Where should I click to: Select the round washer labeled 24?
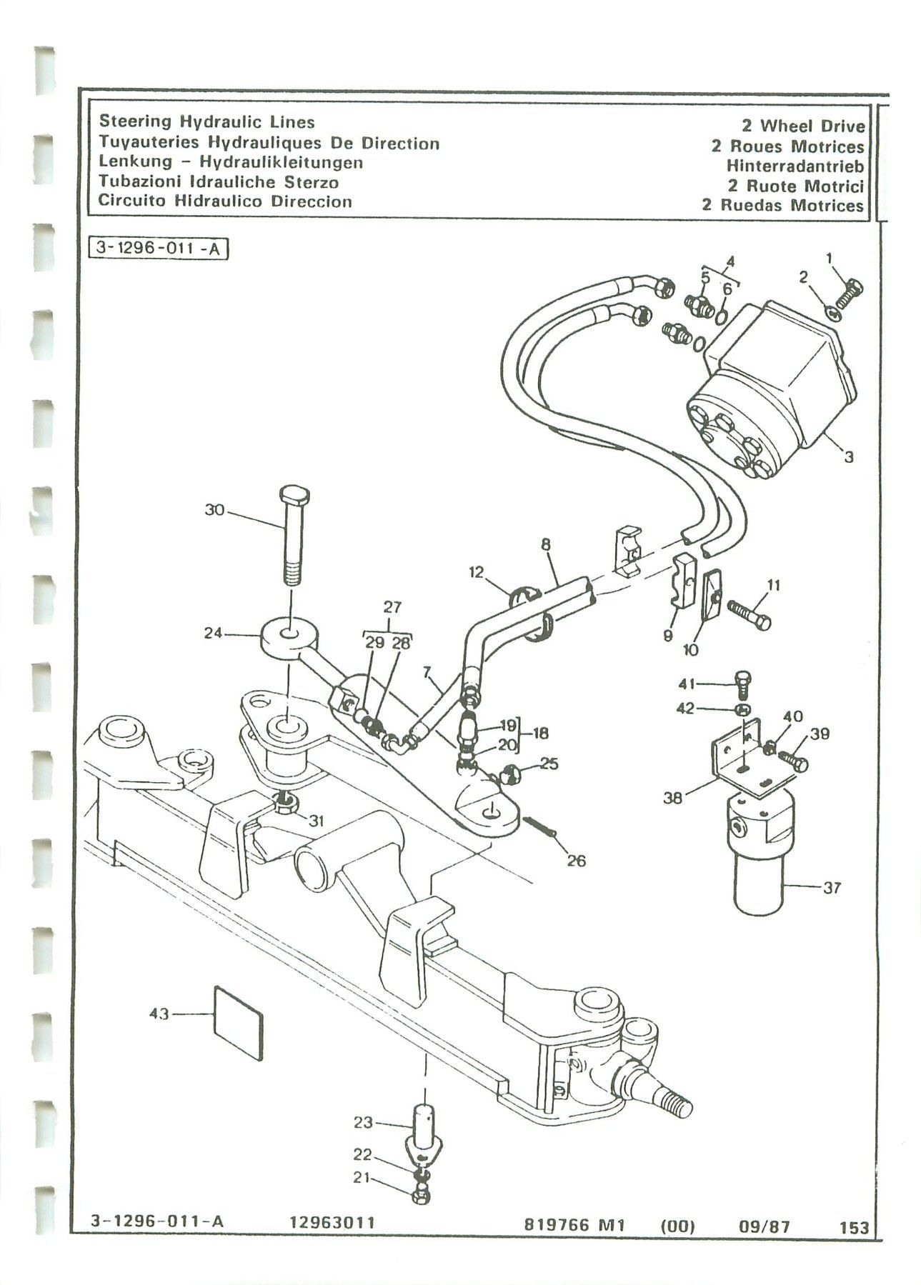click(289, 635)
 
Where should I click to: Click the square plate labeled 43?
click(239, 1021)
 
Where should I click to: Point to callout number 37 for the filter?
click(832, 888)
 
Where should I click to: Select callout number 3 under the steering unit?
click(849, 457)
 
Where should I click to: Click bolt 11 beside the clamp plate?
click(750, 613)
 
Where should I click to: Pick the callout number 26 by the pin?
click(576, 861)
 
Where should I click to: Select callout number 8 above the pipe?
click(546, 544)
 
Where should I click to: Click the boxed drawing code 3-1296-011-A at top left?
click(160, 251)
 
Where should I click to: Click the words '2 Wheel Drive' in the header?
click(803, 126)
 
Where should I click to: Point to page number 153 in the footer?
click(855, 1247)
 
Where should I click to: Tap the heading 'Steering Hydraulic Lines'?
click(206, 121)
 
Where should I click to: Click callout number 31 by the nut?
click(316, 821)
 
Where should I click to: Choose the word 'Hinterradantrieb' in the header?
click(795, 166)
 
